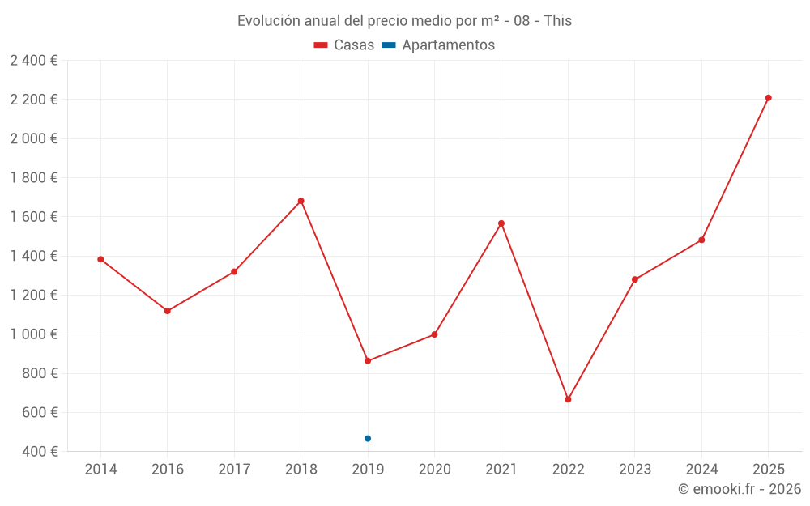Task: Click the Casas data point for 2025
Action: [768, 98]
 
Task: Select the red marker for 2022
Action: [568, 399]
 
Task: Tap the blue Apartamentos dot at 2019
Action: [368, 438]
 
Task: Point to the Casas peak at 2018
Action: [301, 201]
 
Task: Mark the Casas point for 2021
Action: [501, 223]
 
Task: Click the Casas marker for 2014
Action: [100, 259]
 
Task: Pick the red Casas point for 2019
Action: [368, 360]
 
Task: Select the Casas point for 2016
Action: [168, 311]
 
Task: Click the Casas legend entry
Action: [344, 45]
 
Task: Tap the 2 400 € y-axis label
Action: [33, 61]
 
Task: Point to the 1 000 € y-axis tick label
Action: [33, 334]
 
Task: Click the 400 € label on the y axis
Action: [38, 452]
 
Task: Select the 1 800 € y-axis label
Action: [33, 178]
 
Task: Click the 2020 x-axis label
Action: [434, 470]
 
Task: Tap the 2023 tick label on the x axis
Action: [634, 470]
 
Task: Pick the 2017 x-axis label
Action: [234, 470]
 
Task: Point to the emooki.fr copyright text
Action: [740, 489]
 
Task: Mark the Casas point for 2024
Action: [701, 240]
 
